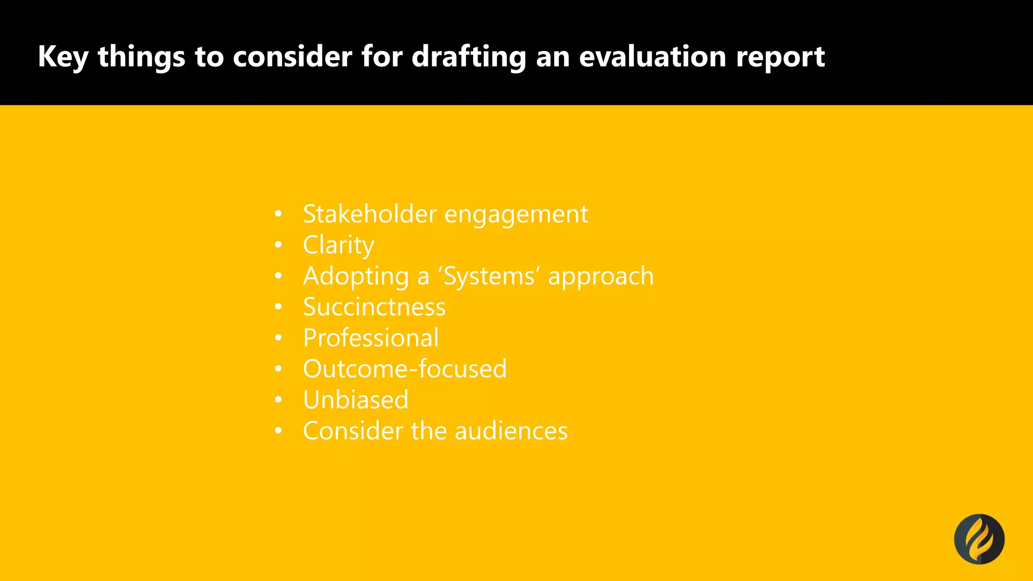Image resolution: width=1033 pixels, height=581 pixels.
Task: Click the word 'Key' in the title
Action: tap(63, 56)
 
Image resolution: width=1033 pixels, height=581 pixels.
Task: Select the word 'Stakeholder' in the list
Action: tap(370, 214)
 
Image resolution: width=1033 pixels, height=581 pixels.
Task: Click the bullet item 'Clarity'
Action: tap(338, 245)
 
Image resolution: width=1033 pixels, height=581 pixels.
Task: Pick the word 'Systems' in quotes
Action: tap(489, 276)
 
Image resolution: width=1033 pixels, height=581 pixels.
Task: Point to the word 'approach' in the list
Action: tap(601, 276)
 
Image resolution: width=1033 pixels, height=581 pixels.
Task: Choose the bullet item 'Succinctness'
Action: tap(374, 307)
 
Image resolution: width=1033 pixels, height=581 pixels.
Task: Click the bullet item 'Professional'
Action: tap(371, 338)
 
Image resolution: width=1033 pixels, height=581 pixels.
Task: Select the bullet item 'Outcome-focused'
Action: tap(405, 369)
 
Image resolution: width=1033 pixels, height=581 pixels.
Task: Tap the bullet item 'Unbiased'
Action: tap(356, 400)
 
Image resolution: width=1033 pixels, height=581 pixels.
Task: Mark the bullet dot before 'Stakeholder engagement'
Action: tap(278, 214)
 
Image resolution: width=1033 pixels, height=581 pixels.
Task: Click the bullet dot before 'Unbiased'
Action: tap(278, 400)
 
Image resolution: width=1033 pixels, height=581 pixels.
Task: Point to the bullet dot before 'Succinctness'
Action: tap(278, 307)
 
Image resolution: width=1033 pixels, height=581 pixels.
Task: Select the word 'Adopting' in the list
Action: tap(356, 276)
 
